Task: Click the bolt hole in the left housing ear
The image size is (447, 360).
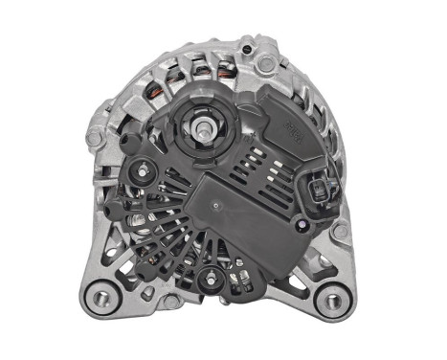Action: (94, 137)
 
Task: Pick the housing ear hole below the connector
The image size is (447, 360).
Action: (339, 232)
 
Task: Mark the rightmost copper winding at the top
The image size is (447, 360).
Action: (225, 70)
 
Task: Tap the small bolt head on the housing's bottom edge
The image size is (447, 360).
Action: (168, 300)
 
